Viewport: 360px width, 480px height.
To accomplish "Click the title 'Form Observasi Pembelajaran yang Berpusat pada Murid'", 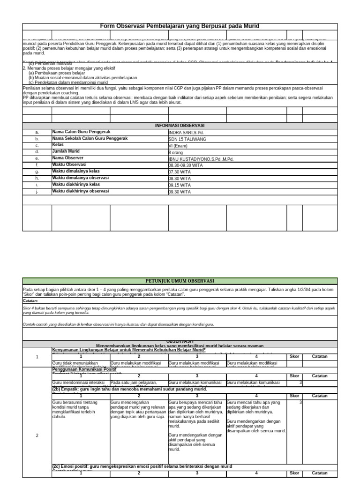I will tap(180, 26).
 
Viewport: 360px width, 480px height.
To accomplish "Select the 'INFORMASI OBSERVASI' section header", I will tap(180, 126).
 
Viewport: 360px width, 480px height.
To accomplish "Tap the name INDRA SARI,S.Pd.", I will tap(186, 133).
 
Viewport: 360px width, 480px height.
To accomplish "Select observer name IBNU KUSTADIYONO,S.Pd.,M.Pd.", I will tap(201, 159).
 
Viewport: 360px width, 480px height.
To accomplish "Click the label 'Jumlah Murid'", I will tap(66, 151).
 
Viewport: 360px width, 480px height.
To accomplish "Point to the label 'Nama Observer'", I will tap(68, 158).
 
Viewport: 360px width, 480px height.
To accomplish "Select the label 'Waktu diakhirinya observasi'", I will tap(80, 191).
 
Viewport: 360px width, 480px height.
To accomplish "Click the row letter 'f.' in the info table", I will tap(37, 165).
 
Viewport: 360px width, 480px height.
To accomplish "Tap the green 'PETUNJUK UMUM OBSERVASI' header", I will tap(180, 281).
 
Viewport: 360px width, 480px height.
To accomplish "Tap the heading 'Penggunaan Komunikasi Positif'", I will tap(84, 369).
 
